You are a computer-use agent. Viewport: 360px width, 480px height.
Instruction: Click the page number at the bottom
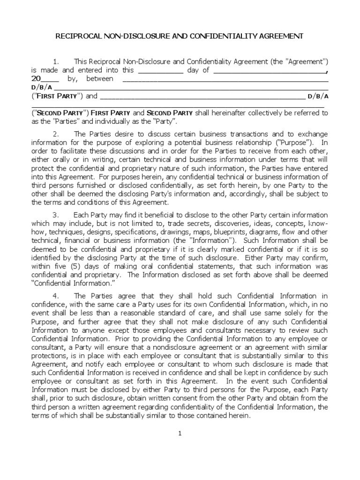pos(180,433)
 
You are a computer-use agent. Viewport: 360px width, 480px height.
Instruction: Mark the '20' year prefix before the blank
pos(36,79)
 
